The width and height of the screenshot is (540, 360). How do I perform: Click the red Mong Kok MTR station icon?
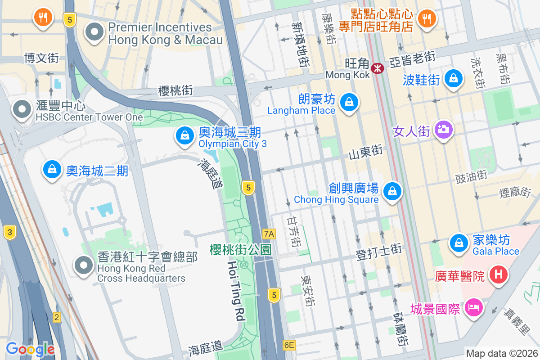(x=377, y=68)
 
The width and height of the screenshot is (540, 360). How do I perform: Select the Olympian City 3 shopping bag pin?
(x=184, y=136)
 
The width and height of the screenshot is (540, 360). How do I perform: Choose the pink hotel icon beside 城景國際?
(x=473, y=309)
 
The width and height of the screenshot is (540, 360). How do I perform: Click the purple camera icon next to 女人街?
(x=443, y=130)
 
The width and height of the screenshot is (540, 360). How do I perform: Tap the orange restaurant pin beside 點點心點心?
(x=426, y=18)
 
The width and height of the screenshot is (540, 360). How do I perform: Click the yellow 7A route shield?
(x=269, y=234)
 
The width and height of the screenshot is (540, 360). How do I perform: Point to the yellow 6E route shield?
(x=289, y=345)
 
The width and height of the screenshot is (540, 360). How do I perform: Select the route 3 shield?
(x=9, y=232)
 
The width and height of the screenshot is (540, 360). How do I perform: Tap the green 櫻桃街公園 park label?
(x=241, y=250)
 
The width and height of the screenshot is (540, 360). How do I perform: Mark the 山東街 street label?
(x=365, y=151)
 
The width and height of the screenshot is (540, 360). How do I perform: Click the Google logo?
(x=30, y=349)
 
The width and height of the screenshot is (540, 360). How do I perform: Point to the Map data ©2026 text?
(x=501, y=353)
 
